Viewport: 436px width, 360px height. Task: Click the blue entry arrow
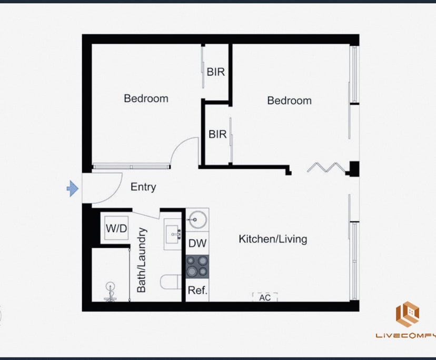[x=72, y=188]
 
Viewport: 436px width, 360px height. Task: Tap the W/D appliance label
[x=116, y=228]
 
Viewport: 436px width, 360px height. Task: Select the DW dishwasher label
[x=197, y=243]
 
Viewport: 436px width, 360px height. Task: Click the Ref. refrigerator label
[x=197, y=290]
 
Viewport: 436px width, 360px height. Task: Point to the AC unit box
[x=265, y=297]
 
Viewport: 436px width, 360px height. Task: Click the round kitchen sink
[x=197, y=219]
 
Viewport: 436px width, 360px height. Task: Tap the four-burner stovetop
[x=197, y=266]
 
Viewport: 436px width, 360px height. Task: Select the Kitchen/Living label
[x=273, y=239]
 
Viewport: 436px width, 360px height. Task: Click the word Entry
[x=143, y=187]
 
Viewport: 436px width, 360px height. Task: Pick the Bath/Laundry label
[x=142, y=260]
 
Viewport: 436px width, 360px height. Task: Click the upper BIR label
[x=216, y=72]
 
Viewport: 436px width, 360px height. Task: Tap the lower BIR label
[x=217, y=134]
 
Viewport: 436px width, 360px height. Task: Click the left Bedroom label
[x=146, y=98]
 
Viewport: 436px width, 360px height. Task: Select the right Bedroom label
[x=289, y=101]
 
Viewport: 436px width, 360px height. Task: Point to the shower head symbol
[x=111, y=291]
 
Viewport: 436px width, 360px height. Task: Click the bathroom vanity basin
[x=173, y=234]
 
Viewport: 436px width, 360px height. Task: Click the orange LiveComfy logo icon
[x=408, y=314]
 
